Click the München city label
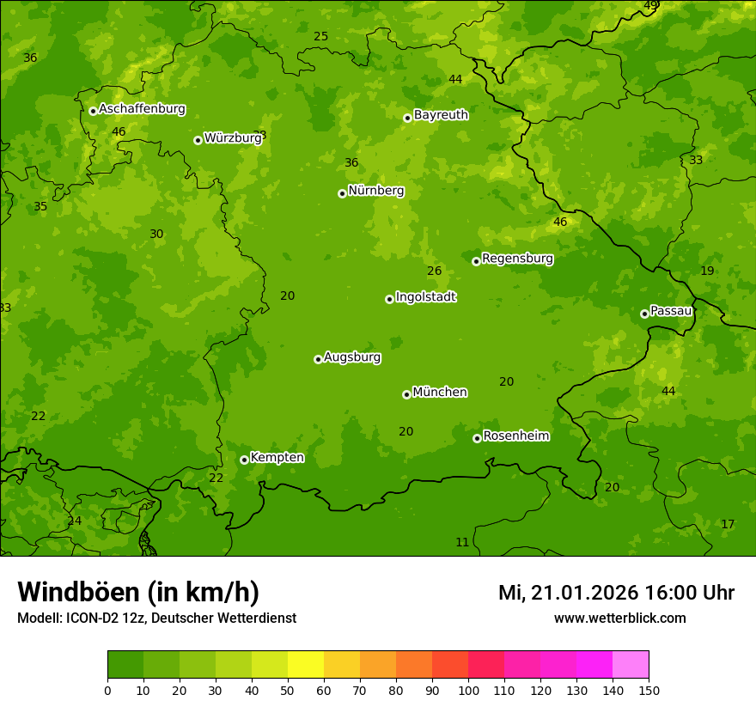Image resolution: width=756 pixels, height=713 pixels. (439, 393)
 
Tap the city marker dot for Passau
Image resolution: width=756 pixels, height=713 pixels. (644, 314)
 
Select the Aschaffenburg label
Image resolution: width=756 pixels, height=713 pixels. (142, 109)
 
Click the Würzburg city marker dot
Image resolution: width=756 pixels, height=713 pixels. (198, 140)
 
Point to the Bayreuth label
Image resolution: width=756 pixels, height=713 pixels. (441, 115)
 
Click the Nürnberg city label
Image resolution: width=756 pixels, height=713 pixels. (375, 191)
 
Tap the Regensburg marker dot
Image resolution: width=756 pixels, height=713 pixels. (476, 261)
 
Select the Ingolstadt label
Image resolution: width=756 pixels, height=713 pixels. (425, 297)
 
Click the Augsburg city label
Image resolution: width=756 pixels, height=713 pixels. (351, 357)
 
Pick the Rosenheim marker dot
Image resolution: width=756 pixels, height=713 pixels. (477, 438)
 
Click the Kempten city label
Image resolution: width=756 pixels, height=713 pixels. (277, 458)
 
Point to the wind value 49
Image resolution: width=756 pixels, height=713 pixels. (650, 5)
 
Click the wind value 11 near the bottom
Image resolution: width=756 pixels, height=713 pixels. (462, 542)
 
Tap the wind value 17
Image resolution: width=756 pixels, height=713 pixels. (728, 524)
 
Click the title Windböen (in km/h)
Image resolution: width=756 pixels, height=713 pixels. (138, 592)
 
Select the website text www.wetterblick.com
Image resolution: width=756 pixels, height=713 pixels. (619, 618)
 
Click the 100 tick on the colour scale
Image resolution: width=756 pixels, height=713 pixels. (468, 690)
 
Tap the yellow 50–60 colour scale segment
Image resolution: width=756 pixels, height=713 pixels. (306, 665)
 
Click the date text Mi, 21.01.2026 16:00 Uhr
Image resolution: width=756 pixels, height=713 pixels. (616, 593)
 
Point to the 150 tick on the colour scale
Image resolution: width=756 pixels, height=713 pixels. (649, 690)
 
